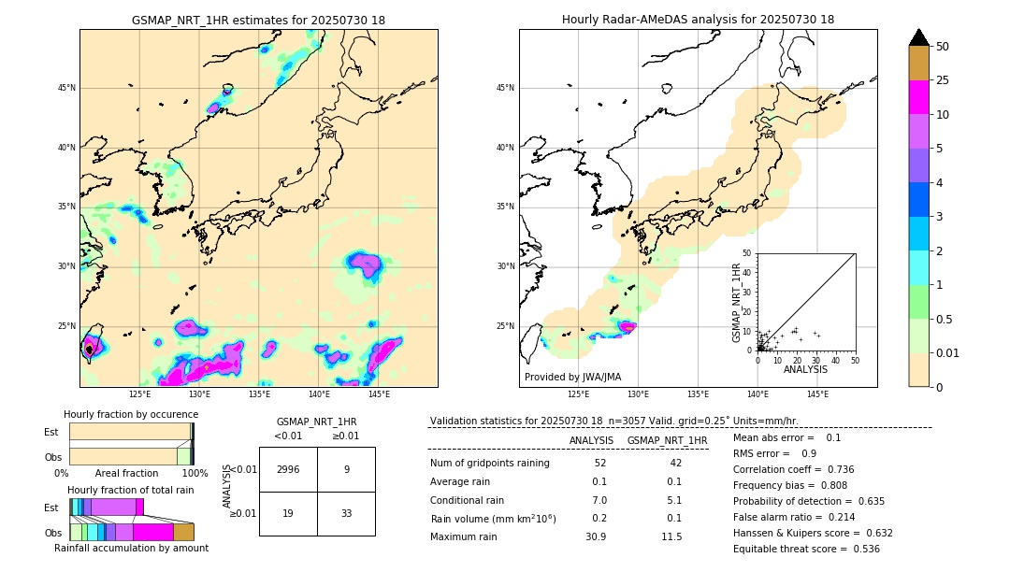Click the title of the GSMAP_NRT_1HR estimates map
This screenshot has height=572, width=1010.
click(258, 20)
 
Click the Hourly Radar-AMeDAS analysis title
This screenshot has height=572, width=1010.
click(698, 20)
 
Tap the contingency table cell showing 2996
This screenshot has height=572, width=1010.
click(288, 469)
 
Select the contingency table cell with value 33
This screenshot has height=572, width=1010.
click(346, 513)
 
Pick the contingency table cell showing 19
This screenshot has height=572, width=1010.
click(288, 513)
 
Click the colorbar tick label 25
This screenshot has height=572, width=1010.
click(943, 80)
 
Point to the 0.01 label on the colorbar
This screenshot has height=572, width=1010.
click(946, 352)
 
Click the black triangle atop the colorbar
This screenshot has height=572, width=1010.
click(919, 37)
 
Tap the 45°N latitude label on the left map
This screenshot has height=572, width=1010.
click(66, 88)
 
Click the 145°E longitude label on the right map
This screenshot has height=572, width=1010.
click(817, 394)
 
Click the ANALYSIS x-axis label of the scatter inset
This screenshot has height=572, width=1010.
click(805, 370)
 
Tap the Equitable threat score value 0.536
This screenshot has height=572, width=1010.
click(859, 549)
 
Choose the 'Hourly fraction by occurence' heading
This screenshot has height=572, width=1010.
click(131, 414)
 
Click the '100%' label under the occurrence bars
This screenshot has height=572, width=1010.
click(195, 473)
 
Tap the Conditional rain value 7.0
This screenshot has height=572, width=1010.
click(599, 500)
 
